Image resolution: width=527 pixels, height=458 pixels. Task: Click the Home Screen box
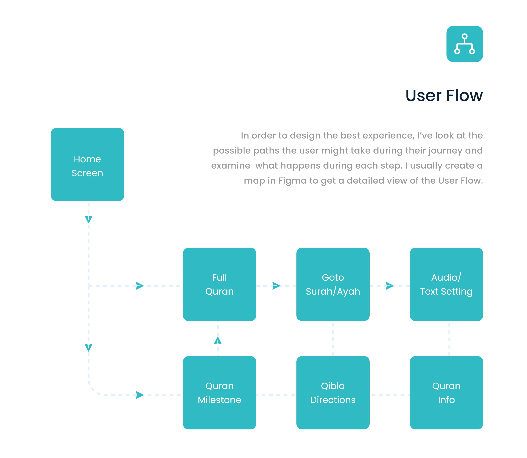coord(87,164)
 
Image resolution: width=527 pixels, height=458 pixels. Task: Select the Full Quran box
coord(219,284)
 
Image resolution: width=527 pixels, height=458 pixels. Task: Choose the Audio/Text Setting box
coord(446,284)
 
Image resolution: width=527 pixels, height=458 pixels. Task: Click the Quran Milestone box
coord(219,393)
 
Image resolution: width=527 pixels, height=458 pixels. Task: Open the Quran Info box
coord(446,393)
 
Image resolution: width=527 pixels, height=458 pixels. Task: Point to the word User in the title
coord(423,96)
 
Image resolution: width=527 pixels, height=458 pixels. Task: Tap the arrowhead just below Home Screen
coord(89,219)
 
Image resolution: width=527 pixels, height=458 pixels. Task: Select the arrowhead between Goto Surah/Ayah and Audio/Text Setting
coord(390,286)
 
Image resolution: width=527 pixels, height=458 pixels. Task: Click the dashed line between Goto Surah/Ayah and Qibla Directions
coord(333,339)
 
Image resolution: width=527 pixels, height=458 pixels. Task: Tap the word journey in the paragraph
coord(445,151)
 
